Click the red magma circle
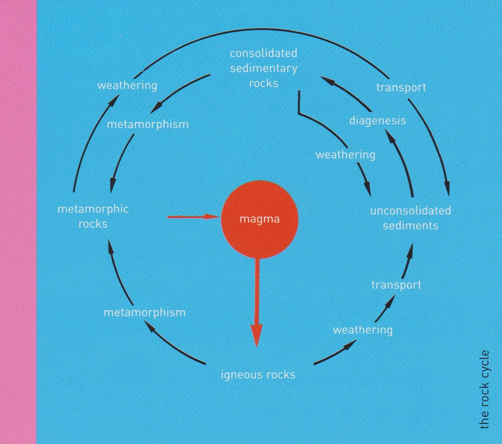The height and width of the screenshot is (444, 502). pyautogui.click(x=260, y=219)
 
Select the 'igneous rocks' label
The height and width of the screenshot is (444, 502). pyautogui.click(x=258, y=375)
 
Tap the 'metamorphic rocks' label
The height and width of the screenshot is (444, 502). pyautogui.click(x=93, y=216)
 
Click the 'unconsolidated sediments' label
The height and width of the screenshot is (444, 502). pyautogui.click(x=410, y=218)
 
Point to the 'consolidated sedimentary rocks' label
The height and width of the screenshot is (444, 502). pyautogui.click(x=264, y=68)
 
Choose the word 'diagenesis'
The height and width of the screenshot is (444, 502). pyautogui.click(x=377, y=121)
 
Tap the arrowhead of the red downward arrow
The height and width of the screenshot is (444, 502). pyautogui.click(x=257, y=336)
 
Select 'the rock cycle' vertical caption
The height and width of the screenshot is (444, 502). pyautogui.click(x=485, y=389)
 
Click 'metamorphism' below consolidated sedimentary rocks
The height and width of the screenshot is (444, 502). pyautogui.click(x=147, y=124)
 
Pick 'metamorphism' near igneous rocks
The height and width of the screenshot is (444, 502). pyautogui.click(x=145, y=312)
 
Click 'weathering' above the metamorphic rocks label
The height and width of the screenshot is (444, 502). pyautogui.click(x=127, y=86)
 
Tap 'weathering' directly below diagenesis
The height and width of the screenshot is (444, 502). pyautogui.click(x=346, y=155)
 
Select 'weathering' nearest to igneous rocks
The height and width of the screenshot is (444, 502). pyautogui.click(x=363, y=330)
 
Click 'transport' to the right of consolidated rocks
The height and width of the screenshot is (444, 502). pyautogui.click(x=401, y=88)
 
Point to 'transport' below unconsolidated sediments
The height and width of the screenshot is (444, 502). pyautogui.click(x=397, y=285)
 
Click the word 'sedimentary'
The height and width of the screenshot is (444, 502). pyautogui.click(x=264, y=69)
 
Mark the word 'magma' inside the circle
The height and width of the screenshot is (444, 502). pyautogui.click(x=260, y=219)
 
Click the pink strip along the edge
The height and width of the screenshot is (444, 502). pyautogui.click(x=18, y=222)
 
